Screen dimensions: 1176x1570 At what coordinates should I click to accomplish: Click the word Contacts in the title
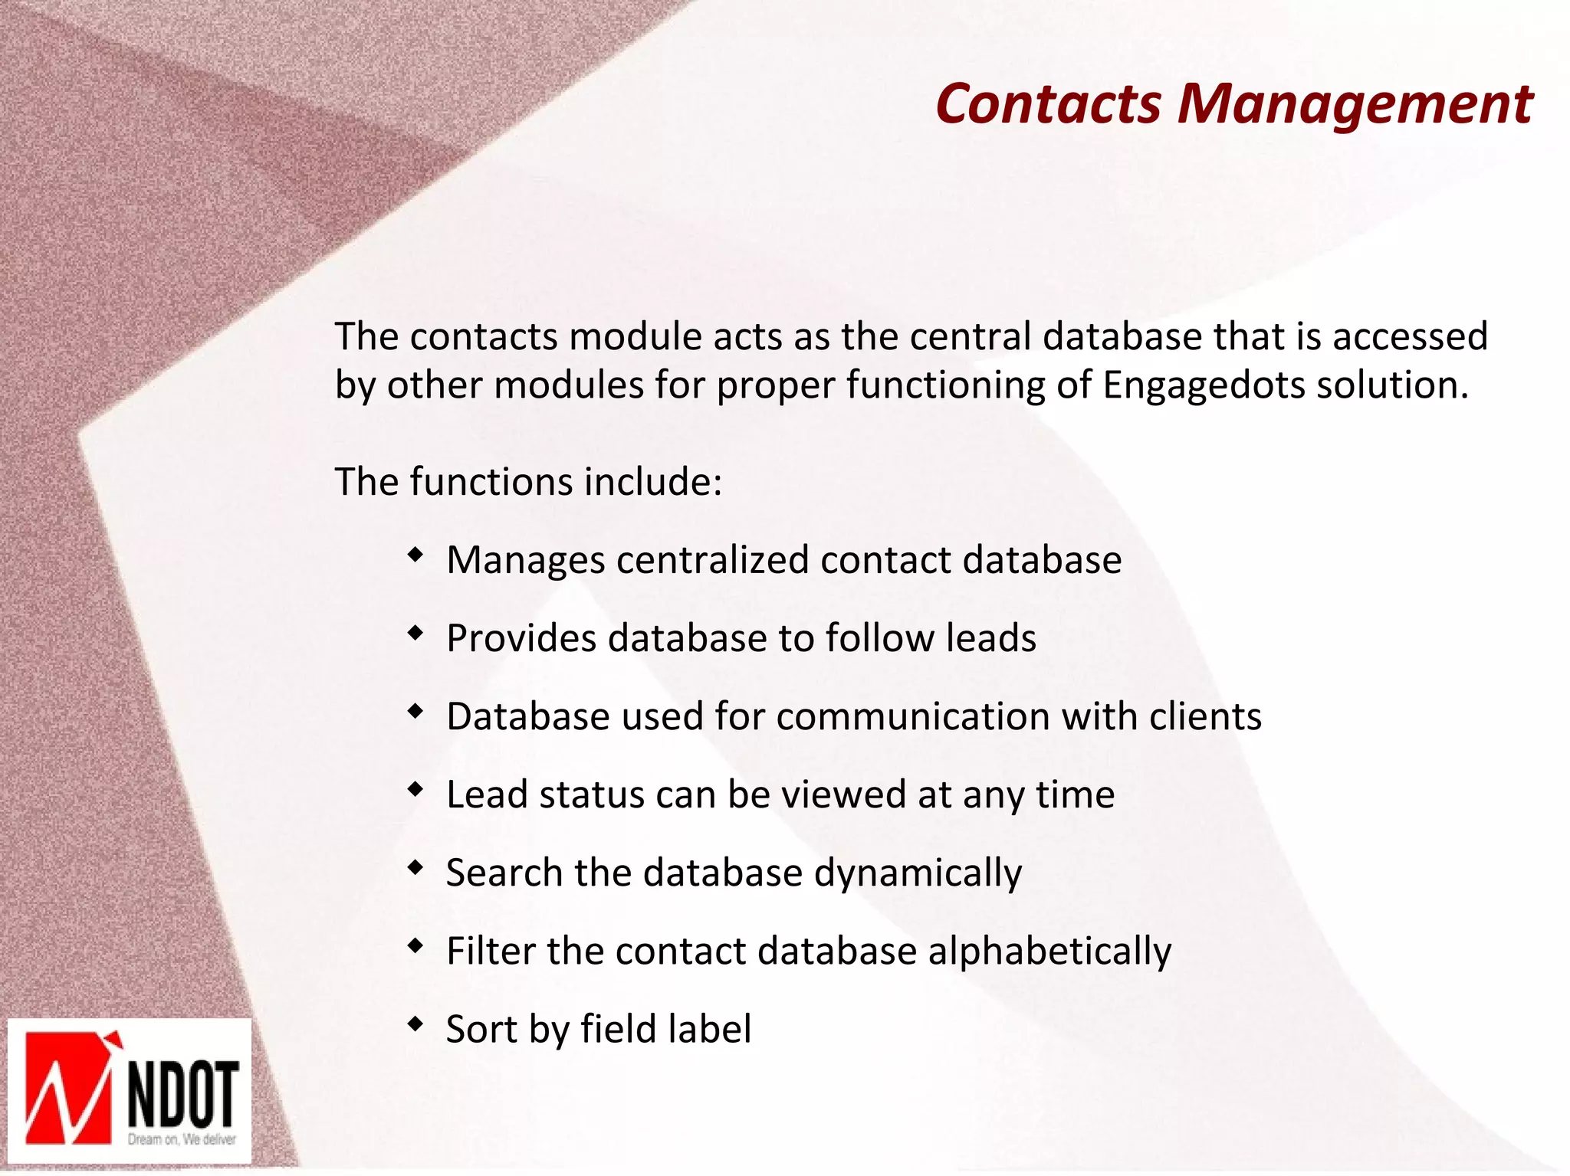coord(1048,104)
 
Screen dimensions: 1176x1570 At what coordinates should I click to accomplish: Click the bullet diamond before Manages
coord(415,555)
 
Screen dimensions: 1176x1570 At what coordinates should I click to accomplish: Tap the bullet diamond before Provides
coord(415,633)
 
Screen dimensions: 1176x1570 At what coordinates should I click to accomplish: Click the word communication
coord(912,717)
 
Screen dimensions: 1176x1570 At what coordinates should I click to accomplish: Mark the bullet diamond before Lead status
coord(415,789)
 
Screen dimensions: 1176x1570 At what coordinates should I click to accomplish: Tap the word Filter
coord(491,952)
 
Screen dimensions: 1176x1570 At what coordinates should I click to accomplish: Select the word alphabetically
coord(1049,952)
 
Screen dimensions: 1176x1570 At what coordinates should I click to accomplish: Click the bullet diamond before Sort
coord(415,1024)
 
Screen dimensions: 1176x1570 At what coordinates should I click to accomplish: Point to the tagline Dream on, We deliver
coord(182,1139)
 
